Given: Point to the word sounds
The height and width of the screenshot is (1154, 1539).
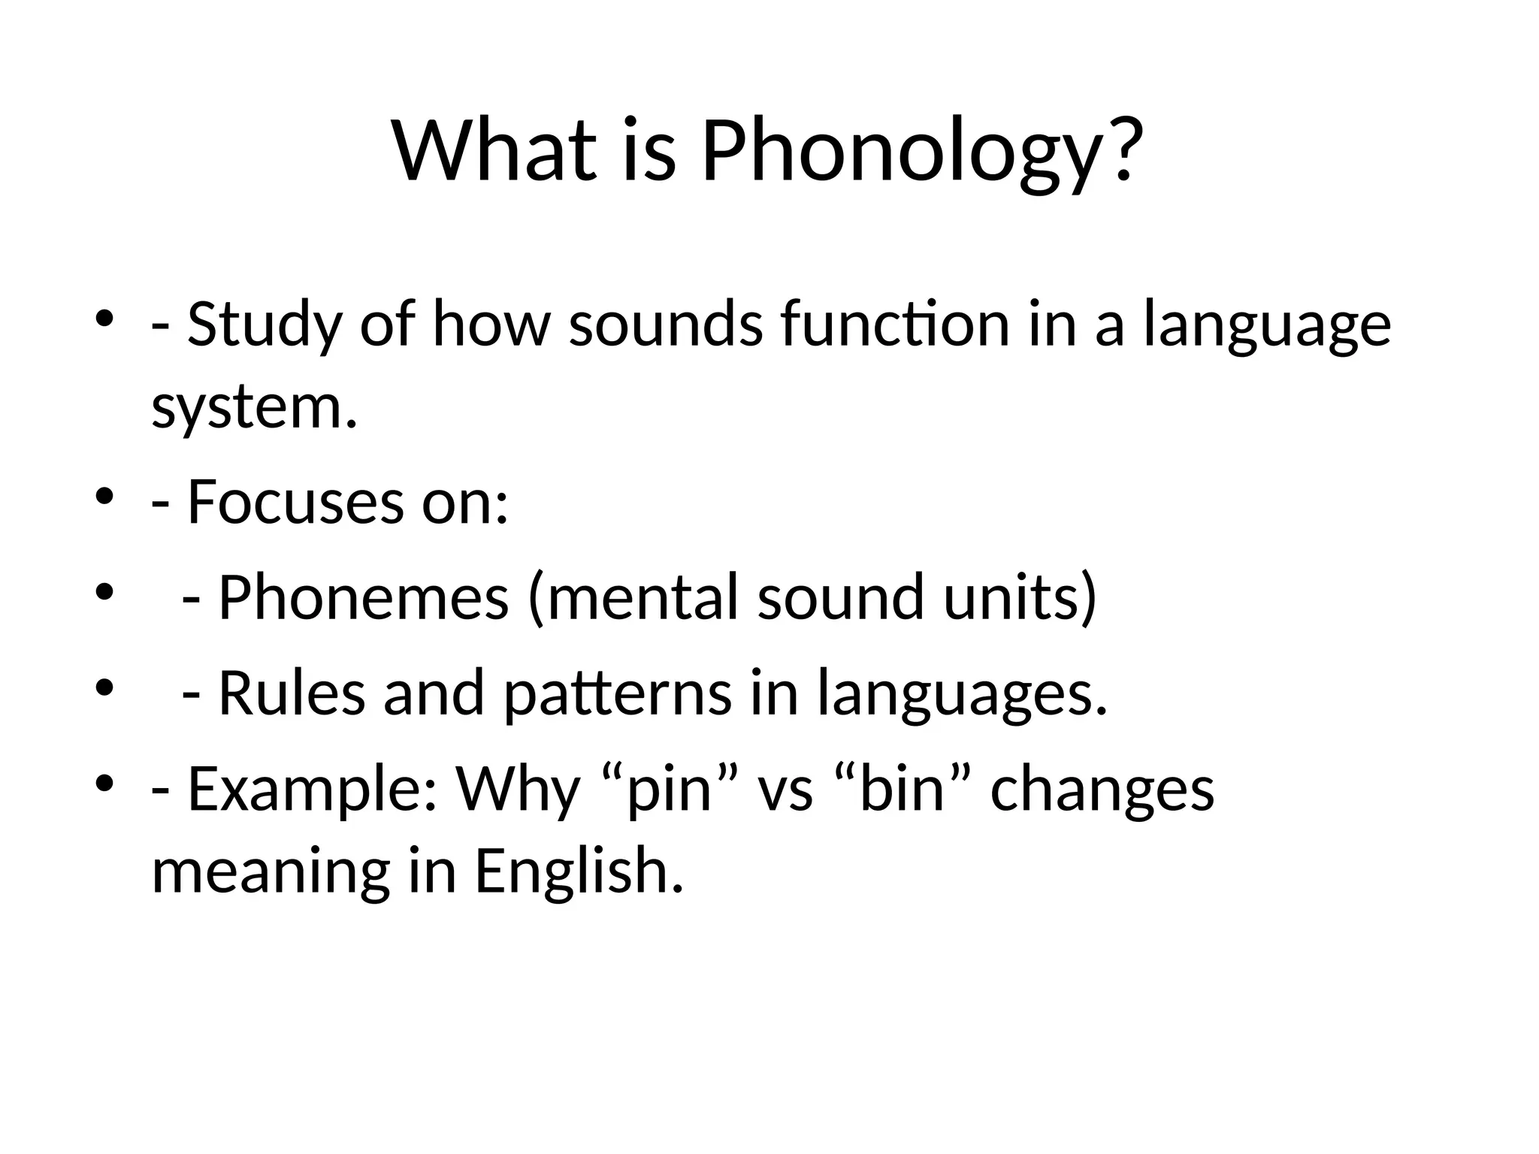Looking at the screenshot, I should point(666,325).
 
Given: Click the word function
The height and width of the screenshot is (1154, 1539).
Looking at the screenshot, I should point(894,325).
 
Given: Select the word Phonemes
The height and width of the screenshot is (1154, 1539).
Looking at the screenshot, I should point(364,597).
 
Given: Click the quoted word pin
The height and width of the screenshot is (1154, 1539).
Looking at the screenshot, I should point(670,790).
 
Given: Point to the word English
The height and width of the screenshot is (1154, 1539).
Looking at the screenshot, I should point(579,872).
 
